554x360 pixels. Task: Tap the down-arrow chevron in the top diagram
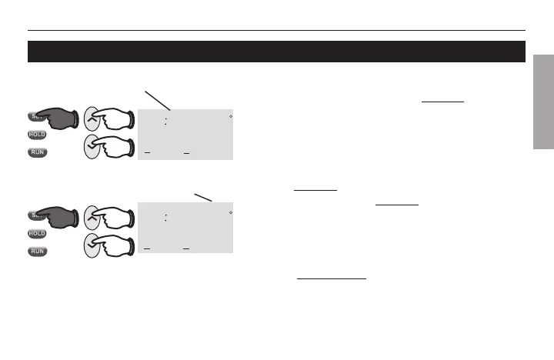[95, 143]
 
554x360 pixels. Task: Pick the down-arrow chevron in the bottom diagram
[95, 242]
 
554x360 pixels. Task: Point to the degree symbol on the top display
[230, 116]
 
